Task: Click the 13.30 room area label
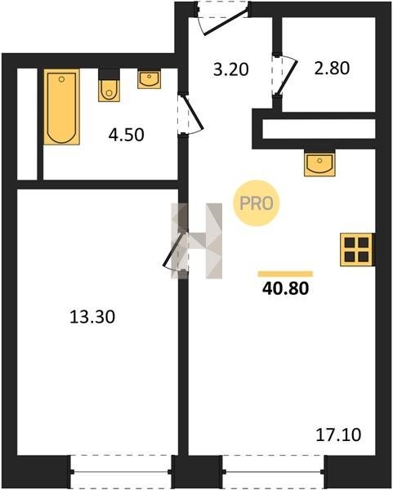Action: [x=92, y=317]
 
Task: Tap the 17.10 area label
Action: [x=338, y=434]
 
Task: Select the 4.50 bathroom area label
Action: [x=127, y=135]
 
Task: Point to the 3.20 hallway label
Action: [x=231, y=69]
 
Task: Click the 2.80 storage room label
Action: [x=332, y=69]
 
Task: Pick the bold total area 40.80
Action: [x=285, y=288]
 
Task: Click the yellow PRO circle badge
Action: [x=256, y=203]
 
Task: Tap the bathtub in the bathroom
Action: [x=61, y=107]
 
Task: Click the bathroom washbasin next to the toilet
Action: [x=150, y=79]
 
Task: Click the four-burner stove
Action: [x=357, y=250]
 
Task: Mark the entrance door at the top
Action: [x=222, y=18]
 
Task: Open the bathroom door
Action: [x=190, y=114]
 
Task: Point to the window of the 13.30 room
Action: [x=121, y=471]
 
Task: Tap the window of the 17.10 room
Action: [x=274, y=471]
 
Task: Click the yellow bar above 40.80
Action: [x=285, y=274]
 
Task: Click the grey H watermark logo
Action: [x=197, y=241]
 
